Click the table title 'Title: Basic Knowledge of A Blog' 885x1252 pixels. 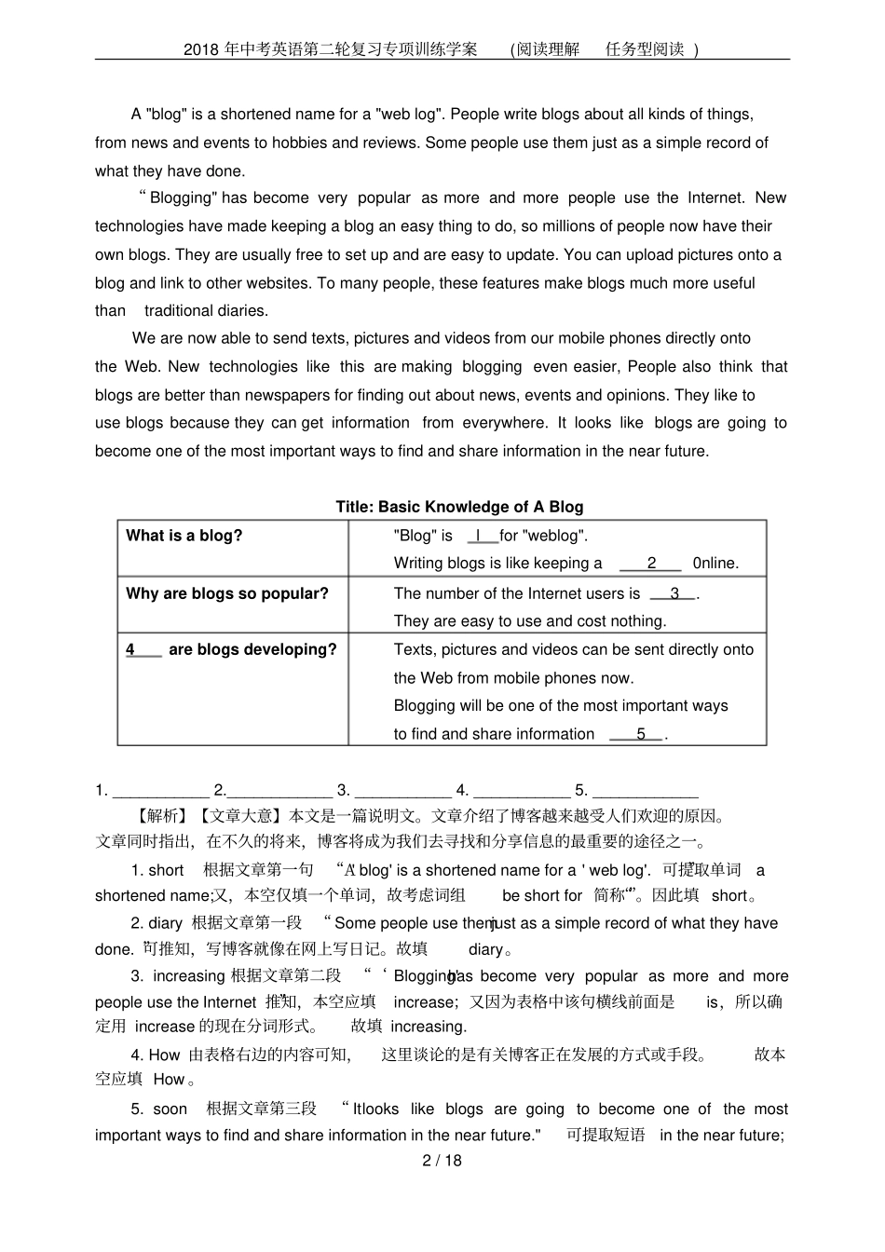459,507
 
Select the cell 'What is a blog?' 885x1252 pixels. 184,536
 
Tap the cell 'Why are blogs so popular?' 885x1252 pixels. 226,593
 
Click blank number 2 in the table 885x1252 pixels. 651,564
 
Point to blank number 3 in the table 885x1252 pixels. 674,594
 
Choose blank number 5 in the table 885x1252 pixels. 639,735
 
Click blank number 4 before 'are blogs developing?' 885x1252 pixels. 143,650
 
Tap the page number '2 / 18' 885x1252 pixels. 442,1161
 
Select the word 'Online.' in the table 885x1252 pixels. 715,564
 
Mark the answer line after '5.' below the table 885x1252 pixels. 645,792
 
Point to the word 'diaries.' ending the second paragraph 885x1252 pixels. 206,311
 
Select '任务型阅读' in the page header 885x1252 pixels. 645,49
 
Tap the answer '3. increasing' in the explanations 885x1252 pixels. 177,976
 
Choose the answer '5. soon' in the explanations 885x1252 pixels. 158,1109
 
